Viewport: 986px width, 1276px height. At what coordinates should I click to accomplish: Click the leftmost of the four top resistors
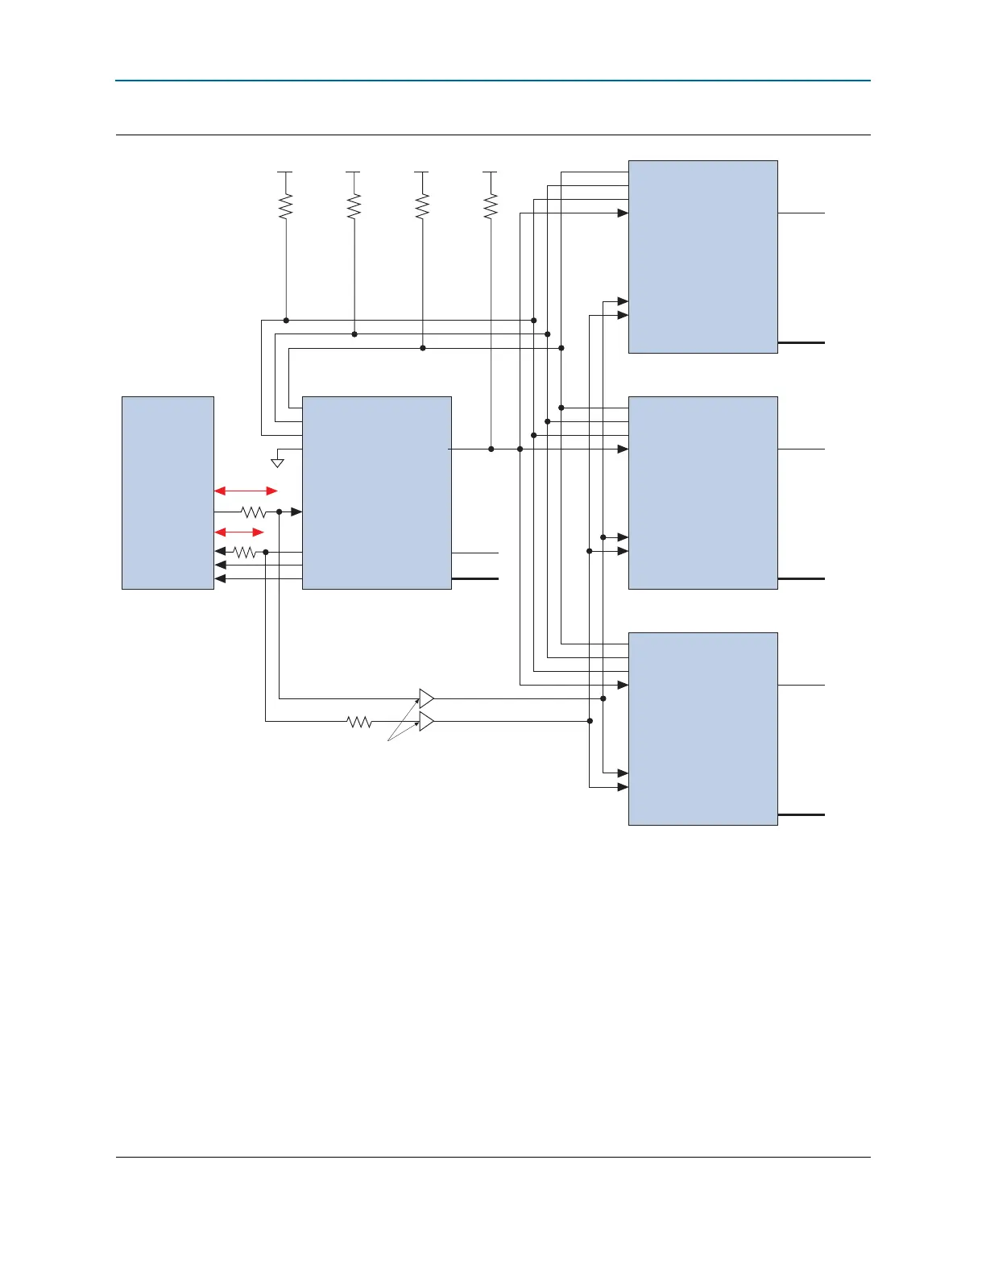tap(286, 206)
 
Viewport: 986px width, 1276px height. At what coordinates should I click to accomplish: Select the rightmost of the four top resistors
tap(491, 206)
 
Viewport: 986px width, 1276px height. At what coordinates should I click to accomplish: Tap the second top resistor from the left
tap(354, 206)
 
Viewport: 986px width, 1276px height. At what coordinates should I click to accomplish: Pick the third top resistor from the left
tap(422, 206)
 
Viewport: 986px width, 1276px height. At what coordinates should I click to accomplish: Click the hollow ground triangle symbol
tap(277, 463)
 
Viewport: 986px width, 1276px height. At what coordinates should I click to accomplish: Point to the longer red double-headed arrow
tap(246, 491)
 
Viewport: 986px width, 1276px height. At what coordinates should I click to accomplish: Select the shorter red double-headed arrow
tap(239, 532)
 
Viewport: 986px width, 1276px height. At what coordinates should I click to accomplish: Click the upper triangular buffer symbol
tap(426, 698)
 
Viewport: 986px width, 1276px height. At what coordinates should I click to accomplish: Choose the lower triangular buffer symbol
tap(426, 721)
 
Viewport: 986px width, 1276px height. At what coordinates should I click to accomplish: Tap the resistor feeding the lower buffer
tap(359, 722)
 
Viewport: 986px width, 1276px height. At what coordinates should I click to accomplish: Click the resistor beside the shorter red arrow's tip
tap(245, 552)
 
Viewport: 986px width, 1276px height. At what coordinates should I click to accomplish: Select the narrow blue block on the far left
tap(168, 492)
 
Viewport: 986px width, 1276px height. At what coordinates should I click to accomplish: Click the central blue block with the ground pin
tap(376, 492)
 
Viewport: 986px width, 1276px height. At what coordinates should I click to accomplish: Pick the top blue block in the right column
tap(702, 256)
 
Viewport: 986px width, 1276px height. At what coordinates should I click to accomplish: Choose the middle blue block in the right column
tap(702, 492)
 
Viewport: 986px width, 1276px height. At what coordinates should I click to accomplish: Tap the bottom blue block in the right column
tap(702, 728)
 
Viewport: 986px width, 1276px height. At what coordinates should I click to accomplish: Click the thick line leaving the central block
tap(475, 579)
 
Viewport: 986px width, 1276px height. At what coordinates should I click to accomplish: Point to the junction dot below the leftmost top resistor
tap(286, 321)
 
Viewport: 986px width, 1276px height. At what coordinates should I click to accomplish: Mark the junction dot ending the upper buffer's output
tap(603, 698)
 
